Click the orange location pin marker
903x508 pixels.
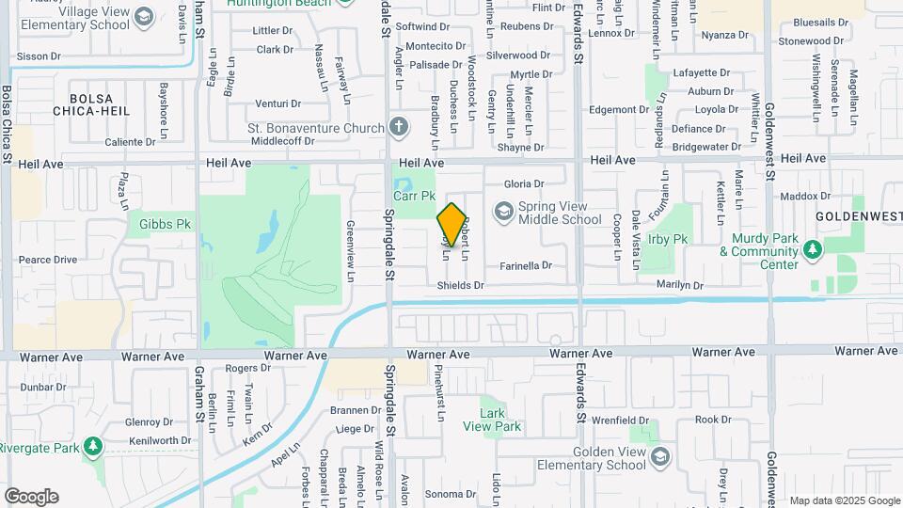click(x=452, y=225)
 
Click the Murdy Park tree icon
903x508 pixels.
click(x=812, y=248)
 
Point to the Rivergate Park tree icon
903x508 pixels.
click(x=92, y=445)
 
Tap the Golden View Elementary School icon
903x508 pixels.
click(x=660, y=456)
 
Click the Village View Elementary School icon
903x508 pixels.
click(x=143, y=16)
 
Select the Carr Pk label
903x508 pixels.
click(x=414, y=197)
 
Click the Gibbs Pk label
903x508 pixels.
click(x=165, y=224)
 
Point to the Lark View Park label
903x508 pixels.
click(x=499, y=420)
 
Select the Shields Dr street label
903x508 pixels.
click(x=460, y=285)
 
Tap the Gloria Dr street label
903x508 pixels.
click(x=524, y=184)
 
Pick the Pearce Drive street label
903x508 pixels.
click(x=48, y=260)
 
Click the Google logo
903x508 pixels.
click(x=31, y=496)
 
